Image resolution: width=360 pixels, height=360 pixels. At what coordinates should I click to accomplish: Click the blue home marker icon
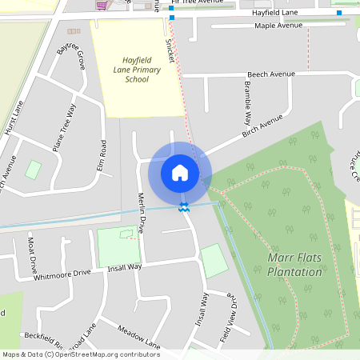[x=180, y=172]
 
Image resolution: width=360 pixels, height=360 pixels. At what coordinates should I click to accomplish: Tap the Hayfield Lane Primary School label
[x=142, y=70]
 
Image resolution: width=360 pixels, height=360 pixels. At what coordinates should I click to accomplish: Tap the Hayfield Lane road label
[x=274, y=14]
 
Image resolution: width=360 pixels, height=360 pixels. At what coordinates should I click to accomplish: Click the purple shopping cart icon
[x=102, y=5]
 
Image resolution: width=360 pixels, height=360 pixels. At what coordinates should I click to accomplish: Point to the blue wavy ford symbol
[x=184, y=208]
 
